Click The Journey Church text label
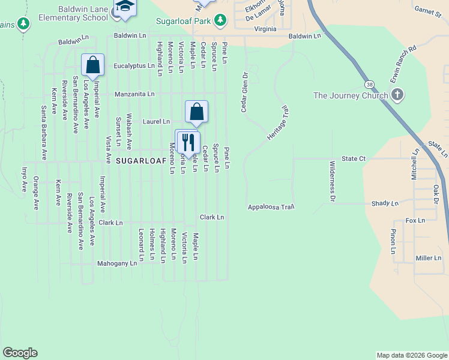[x=351, y=95]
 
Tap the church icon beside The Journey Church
[x=397, y=95]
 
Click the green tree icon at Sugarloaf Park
[x=221, y=20]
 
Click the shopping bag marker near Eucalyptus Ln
[x=93, y=64]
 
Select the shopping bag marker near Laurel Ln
[x=196, y=111]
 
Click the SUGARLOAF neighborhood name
[x=139, y=161]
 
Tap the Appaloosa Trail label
[x=271, y=207]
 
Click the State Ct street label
[x=354, y=158]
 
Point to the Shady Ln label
[x=385, y=204]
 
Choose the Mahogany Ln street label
[x=117, y=263]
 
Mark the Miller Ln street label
[x=429, y=258]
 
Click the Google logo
[x=20, y=353]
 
